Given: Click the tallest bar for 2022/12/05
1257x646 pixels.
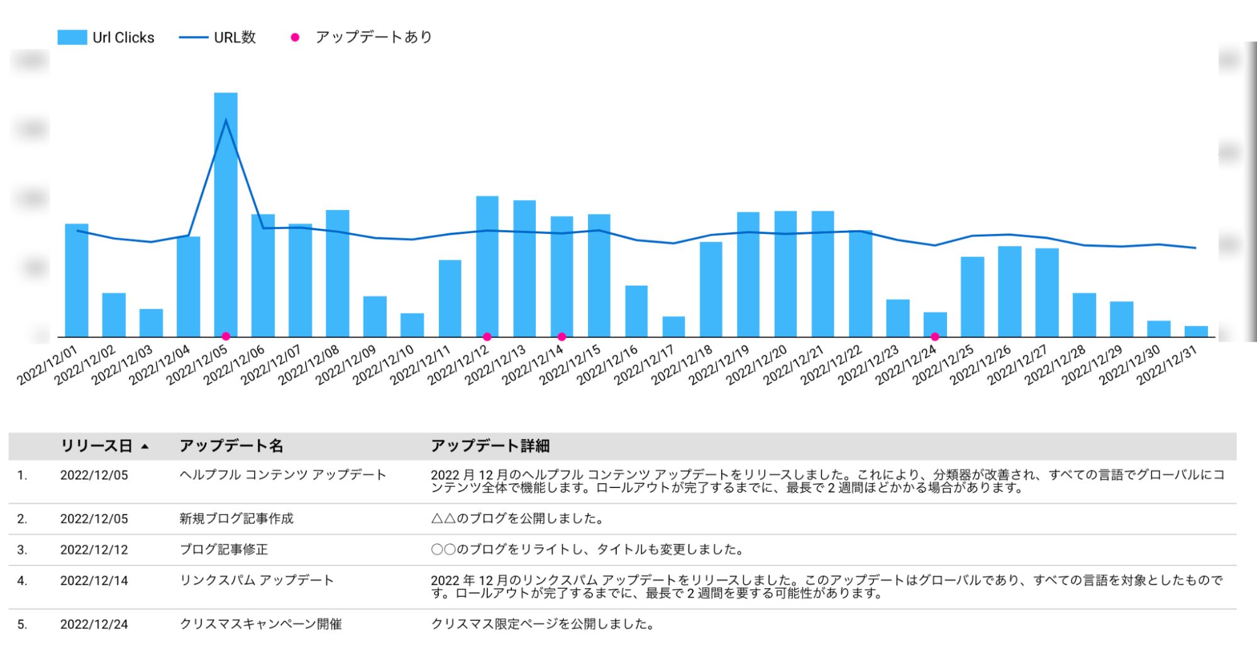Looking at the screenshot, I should pos(226,214).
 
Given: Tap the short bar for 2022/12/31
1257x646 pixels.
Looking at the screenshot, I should pos(1196,331).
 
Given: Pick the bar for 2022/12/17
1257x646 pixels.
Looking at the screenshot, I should pos(673,326).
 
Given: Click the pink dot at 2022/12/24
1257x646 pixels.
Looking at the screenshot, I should pos(935,337).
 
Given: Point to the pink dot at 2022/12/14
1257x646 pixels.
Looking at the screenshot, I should pos(562,337).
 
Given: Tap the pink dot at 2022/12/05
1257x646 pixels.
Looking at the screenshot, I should pos(226,337).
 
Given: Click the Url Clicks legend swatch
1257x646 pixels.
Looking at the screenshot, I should pos(72,38).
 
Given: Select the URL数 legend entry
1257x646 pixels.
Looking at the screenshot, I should pos(217,38).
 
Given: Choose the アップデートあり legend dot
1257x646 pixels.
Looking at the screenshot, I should pos(295,38).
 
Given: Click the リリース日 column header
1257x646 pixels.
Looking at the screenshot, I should pos(96,446).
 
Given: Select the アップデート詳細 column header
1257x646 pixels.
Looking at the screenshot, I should pos(490,446).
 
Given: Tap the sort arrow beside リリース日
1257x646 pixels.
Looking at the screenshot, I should pos(145,447).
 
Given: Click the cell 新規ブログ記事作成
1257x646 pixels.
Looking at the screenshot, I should pos(236,519).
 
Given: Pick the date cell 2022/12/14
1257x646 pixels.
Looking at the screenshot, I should pos(94,581).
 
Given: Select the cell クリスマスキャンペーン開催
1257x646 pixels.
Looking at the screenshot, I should pos(260,624).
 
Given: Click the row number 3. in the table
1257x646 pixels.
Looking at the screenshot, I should pos(22,550).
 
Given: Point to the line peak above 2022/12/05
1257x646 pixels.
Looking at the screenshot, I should pos(226,120).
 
